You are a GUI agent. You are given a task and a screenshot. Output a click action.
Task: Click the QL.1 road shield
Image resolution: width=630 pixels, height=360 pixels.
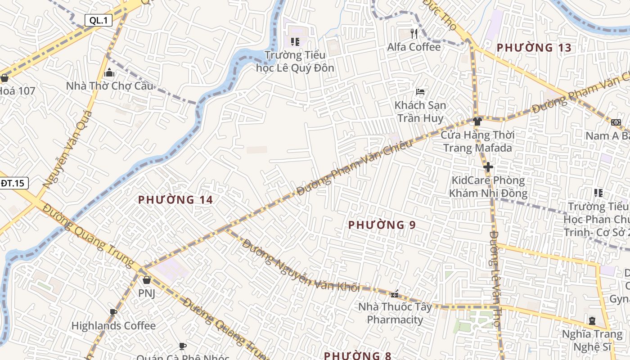click(99, 20)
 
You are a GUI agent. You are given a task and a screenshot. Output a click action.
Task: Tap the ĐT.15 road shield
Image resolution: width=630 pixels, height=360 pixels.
click(13, 183)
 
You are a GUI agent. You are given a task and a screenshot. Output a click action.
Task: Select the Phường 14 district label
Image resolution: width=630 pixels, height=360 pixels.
click(175, 200)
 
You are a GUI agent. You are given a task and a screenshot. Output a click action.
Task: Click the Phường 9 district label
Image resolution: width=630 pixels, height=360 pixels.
click(382, 225)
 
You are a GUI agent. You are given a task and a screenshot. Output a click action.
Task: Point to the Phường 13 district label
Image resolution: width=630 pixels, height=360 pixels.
click(534, 48)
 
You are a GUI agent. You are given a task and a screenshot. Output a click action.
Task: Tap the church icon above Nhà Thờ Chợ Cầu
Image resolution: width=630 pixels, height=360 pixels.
click(109, 73)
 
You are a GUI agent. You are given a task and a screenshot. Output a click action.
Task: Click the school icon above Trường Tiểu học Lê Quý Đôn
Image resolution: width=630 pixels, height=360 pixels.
click(295, 42)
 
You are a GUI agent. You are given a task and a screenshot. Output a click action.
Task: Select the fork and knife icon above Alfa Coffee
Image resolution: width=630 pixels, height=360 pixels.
click(414, 34)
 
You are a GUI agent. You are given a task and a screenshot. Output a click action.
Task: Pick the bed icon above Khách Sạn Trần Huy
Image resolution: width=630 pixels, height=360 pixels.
click(420, 92)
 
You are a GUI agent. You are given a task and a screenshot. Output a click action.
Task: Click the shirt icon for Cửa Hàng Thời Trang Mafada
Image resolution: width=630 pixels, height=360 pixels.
click(477, 121)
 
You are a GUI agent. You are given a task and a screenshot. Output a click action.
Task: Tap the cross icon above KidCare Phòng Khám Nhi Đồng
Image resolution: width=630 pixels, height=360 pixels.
click(488, 167)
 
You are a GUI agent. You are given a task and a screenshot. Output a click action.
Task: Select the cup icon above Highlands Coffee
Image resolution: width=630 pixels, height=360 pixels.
click(113, 312)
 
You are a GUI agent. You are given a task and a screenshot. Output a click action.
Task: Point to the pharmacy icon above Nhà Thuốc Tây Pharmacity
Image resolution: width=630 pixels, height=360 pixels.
click(395, 294)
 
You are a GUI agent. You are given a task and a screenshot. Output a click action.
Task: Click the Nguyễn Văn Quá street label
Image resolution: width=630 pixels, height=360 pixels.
click(67, 149)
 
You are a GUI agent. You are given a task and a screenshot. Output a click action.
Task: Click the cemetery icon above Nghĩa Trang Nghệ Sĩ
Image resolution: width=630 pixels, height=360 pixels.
click(592, 321)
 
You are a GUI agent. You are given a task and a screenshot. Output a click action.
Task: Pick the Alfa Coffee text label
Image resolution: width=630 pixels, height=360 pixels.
click(414, 47)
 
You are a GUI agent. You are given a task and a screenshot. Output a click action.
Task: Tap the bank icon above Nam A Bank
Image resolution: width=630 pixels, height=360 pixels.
click(616, 122)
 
